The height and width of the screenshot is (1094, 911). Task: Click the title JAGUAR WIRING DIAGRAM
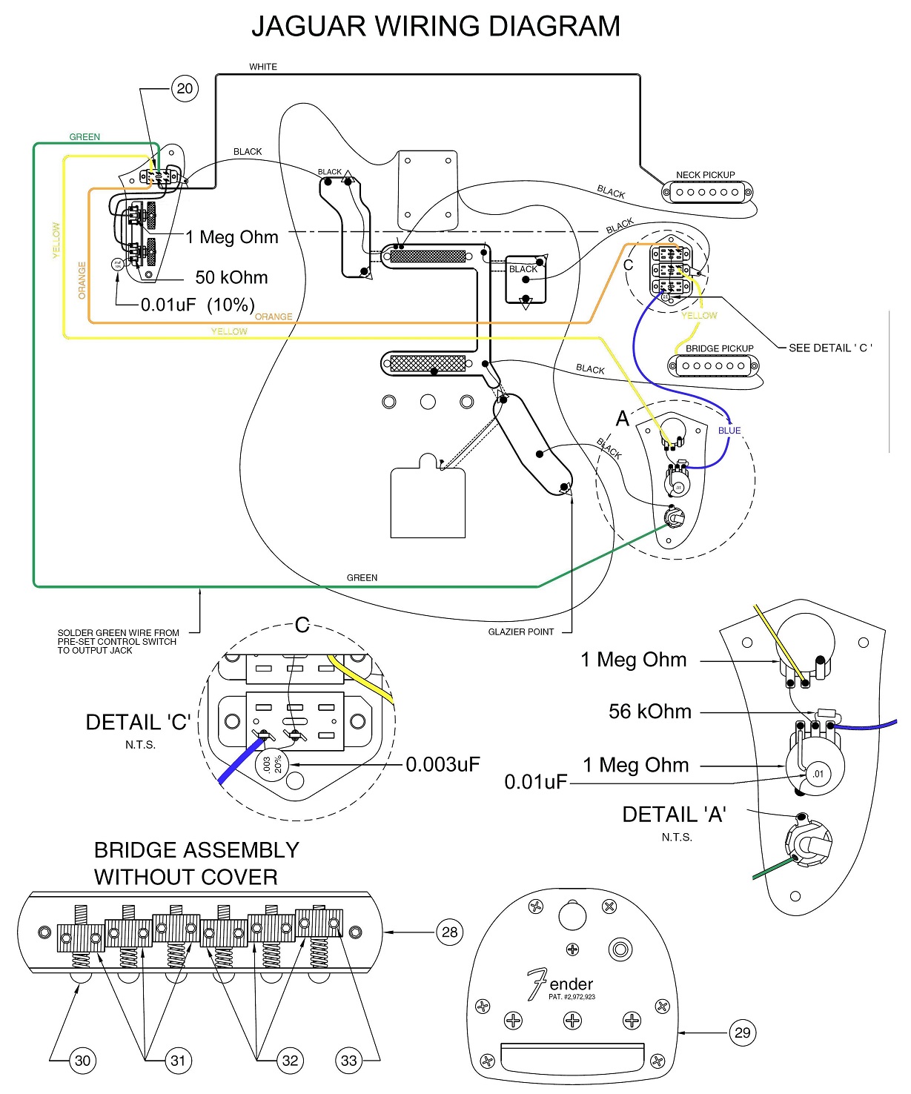(x=436, y=27)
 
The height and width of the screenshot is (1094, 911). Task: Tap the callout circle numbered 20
(x=185, y=89)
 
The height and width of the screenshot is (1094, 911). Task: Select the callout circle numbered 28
(x=450, y=932)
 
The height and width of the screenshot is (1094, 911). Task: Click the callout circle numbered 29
(x=742, y=1032)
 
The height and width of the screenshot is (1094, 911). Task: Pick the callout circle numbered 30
(x=82, y=1061)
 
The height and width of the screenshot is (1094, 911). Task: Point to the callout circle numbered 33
(x=348, y=1061)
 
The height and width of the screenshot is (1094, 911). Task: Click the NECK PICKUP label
(x=705, y=175)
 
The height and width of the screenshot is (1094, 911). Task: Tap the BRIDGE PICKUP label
(x=719, y=348)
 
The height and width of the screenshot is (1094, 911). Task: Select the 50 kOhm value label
(x=231, y=278)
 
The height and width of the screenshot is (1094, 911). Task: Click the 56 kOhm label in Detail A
(x=650, y=712)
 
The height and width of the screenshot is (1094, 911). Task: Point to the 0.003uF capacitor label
(x=443, y=764)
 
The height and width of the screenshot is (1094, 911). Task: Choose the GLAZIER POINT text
(x=520, y=632)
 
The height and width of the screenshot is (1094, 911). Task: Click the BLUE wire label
(x=729, y=431)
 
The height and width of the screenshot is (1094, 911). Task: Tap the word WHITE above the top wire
(x=263, y=67)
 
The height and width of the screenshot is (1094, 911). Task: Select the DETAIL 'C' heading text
(x=139, y=723)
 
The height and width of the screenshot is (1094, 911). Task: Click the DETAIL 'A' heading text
(x=674, y=815)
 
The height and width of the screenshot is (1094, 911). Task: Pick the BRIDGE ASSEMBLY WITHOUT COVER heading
(x=196, y=863)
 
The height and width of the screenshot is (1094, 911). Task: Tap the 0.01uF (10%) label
(x=198, y=305)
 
